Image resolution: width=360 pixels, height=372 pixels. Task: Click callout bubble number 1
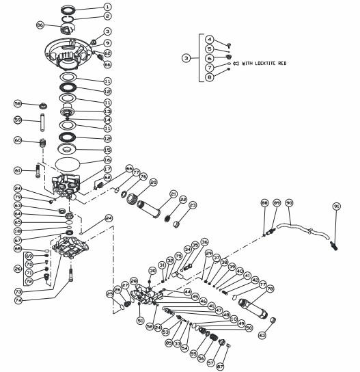[x=107, y=6]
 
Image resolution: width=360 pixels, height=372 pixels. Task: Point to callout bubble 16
[x=107, y=160]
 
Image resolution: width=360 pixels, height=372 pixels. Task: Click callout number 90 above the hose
[x=289, y=203]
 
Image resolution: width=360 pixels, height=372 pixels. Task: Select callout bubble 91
[x=336, y=206]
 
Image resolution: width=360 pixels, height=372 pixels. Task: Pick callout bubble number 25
[x=111, y=293]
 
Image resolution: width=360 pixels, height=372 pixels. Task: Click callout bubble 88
[x=264, y=203]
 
